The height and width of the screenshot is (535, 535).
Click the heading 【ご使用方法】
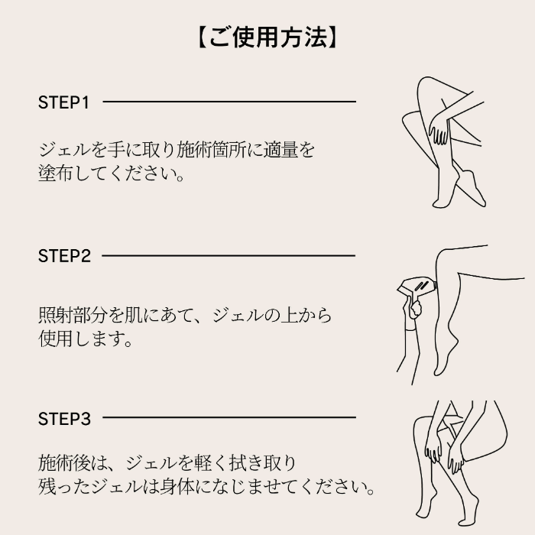click(267, 37)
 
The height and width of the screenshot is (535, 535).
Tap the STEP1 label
click(63, 102)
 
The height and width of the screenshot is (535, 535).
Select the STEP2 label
click(64, 256)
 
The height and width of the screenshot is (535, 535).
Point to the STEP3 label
click(64, 419)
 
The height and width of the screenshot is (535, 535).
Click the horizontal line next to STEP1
click(229, 102)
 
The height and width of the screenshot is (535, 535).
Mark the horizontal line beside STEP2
click(229, 255)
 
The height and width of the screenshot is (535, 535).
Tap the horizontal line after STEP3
click(229, 417)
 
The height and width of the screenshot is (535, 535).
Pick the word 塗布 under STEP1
click(55, 173)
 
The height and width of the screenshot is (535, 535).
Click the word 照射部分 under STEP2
click(73, 315)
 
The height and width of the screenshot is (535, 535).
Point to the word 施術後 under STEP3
click(63, 463)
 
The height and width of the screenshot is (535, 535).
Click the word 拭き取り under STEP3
click(262, 463)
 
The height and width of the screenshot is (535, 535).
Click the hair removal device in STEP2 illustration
click(417, 288)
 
